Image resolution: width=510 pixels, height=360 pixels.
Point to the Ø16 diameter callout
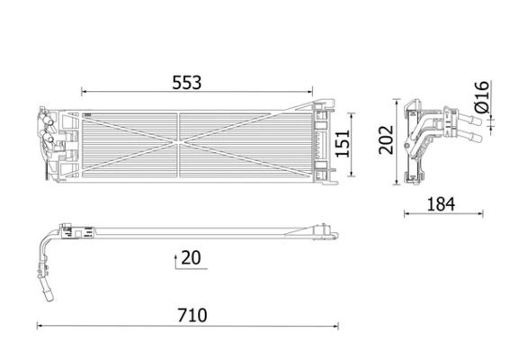[x=481, y=97]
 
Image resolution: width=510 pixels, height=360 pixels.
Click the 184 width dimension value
[x=440, y=204]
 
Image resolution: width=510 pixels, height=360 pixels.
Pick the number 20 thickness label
[x=190, y=257]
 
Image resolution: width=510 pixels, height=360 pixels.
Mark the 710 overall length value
[x=192, y=315]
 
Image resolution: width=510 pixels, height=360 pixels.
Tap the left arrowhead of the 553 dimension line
[x=84, y=92]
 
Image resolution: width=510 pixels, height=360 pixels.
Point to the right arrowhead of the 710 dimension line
[x=336, y=326]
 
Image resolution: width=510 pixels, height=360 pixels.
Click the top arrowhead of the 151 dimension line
[x=351, y=112]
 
